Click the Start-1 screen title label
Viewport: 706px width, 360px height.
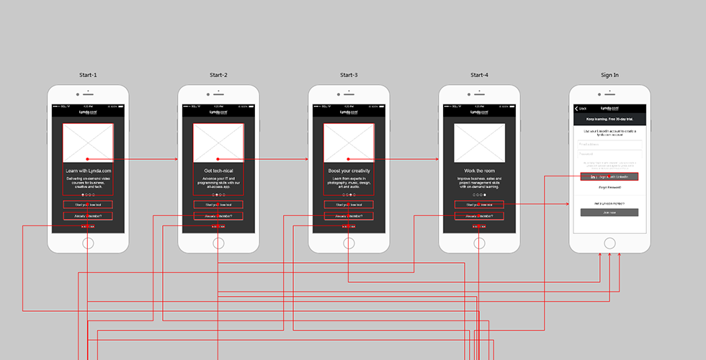click(88, 75)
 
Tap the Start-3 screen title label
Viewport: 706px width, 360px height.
click(349, 75)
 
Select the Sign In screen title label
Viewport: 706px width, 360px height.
click(609, 75)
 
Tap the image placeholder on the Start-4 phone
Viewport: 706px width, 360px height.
click(479, 143)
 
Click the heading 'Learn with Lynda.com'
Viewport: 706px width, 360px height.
click(88, 171)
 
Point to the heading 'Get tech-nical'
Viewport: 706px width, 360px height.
click(218, 171)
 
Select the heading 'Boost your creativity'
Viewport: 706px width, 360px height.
click(349, 171)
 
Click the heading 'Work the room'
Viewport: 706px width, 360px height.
click(479, 171)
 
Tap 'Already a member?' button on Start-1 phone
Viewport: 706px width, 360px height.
click(88, 216)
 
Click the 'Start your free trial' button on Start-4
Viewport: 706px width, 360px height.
click(479, 204)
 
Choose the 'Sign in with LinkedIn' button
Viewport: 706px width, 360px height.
click(609, 176)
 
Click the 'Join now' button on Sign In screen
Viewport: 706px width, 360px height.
click(609, 212)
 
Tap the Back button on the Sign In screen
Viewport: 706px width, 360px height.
click(580, 109)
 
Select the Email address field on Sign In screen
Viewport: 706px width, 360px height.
click(609, 144)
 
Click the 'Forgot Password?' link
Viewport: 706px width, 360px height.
click(609, 187)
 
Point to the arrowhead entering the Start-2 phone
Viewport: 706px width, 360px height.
click(176, 158)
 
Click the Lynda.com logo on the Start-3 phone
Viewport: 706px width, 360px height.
click(349, 112)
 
